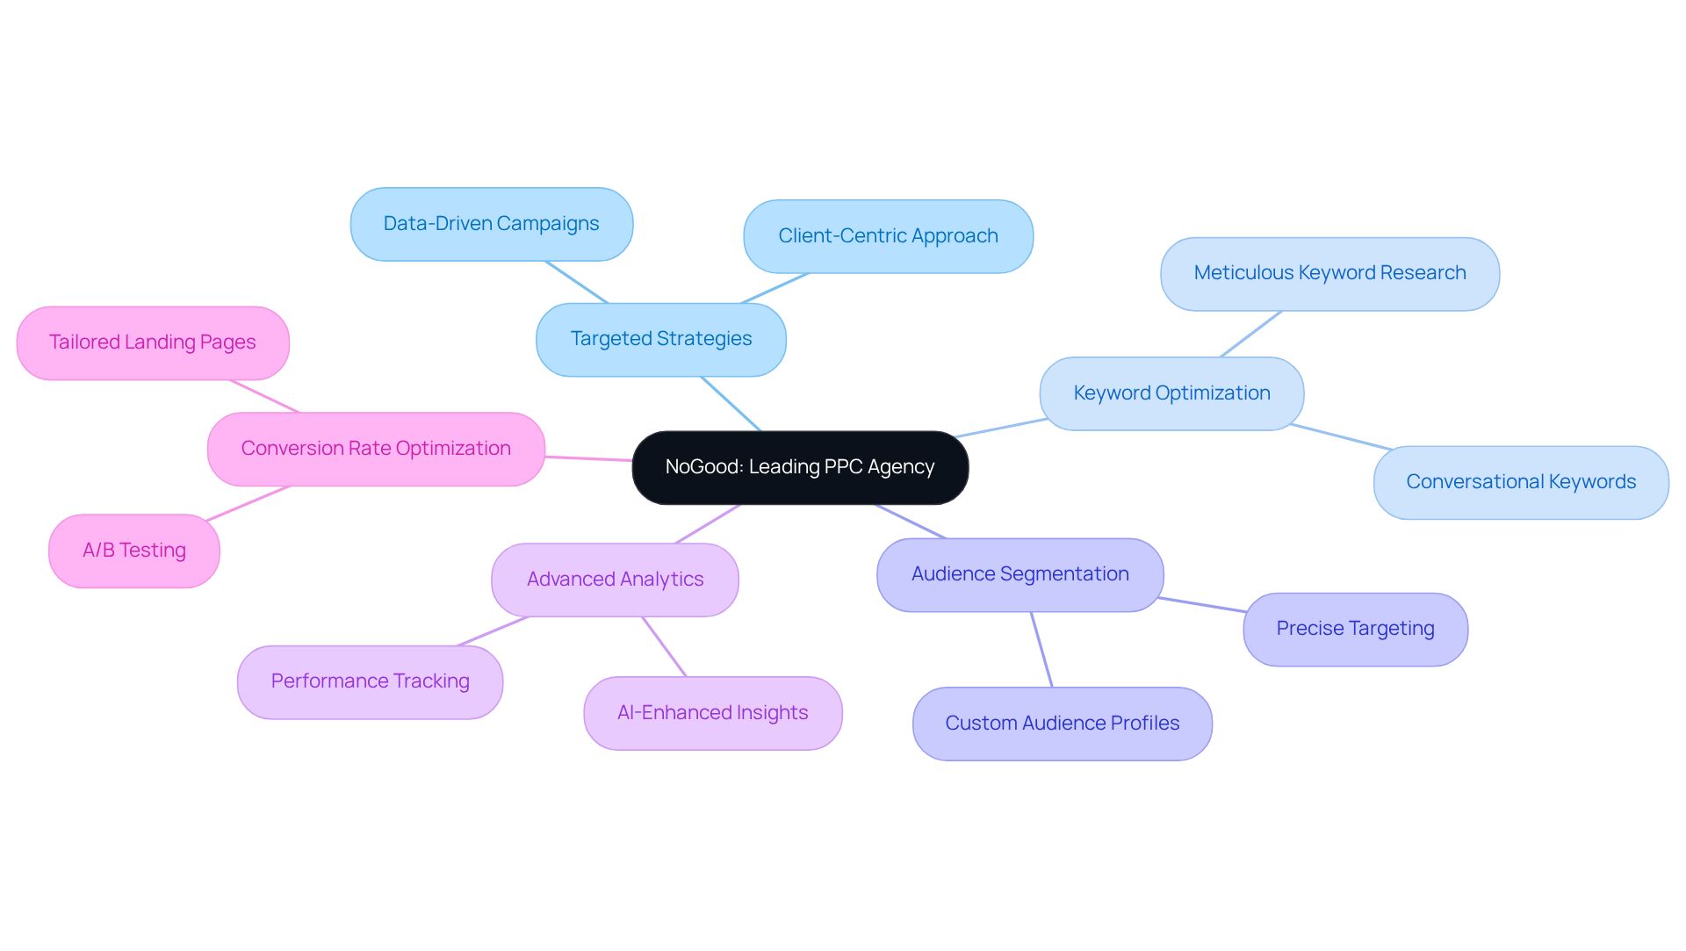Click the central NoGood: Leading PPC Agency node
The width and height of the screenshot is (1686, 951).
(x=800, y=467)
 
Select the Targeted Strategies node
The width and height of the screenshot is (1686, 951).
(x=660, y=339)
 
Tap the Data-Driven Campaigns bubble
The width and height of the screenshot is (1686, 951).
(x=491, y=224)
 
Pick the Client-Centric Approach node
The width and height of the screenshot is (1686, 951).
(x=888, y=236)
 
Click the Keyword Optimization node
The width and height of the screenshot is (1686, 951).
(x=1171, y=393)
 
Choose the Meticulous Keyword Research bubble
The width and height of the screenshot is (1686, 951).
(x=1329, y=273)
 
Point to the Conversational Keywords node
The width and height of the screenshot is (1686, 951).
(x=1521, y=482)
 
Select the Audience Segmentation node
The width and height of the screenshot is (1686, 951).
(x=1020, y=574)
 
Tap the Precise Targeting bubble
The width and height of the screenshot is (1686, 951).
(x=1355, y=629)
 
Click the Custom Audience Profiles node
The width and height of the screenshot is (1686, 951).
(x=1062, y=724)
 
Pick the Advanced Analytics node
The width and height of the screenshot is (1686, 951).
(x=615, y=580)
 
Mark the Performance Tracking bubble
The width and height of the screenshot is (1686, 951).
(x=370, y=681)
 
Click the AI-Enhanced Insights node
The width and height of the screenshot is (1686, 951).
(x=712, y=713)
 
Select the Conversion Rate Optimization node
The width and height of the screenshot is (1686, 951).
(x=376, y=449)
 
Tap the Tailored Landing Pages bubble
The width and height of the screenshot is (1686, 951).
(x=152, y=342)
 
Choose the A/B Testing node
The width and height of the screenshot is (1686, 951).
(x=133, y=551)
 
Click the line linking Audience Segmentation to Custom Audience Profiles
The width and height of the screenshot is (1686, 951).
(x=1041, y=650)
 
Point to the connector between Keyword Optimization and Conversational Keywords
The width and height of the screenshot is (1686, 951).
(x=1341, y=437)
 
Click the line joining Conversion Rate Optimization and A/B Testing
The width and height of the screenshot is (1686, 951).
(x=249, y=503)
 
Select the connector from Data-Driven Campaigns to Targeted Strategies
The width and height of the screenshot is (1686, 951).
(x=576, y=282)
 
